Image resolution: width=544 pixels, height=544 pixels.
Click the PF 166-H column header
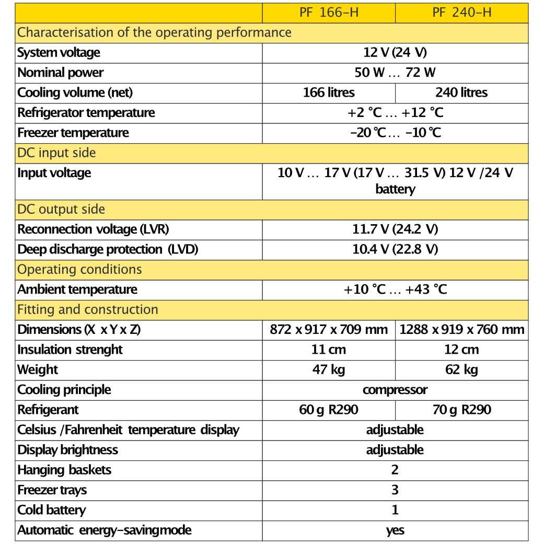click(x=329, y=13)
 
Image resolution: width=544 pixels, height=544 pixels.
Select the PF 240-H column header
click(x=461, y=13)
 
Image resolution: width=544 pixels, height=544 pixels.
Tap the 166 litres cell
click(x=329, y=92)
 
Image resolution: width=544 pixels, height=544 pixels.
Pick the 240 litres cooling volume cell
click(x=461, y=92)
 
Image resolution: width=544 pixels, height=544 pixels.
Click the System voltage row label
click(x=59, y=53)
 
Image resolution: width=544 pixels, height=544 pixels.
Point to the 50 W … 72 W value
click(x=395, y=73)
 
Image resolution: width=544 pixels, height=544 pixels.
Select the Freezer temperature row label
click(x=73, y=133)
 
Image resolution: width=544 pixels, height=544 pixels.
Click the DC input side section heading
click(x=56, y=153)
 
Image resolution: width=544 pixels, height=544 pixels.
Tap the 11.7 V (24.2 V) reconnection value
click(x=395, y=229)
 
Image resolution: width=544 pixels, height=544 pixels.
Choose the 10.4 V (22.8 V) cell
click(x=395, y=249)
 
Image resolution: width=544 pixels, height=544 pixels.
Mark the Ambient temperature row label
click(x=77, y=290)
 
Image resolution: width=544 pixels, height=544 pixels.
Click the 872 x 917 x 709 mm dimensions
click(x=329, y=330)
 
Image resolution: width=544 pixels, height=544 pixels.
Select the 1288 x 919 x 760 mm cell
click(x=461, y=330)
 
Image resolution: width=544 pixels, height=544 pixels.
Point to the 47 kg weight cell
click(x=329, y=370)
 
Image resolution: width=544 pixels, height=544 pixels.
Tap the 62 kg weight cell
click(x=461, y=370)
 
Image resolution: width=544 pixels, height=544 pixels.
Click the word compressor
click(x=395, y=390)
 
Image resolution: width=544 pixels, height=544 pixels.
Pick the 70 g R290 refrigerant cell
click(x=461, y=410)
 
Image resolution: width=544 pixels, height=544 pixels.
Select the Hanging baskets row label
click(x=64, y=470)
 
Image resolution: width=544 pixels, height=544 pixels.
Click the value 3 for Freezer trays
click(x=395, y=490)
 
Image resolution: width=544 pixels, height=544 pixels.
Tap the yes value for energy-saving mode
click(x=395, y=530)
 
